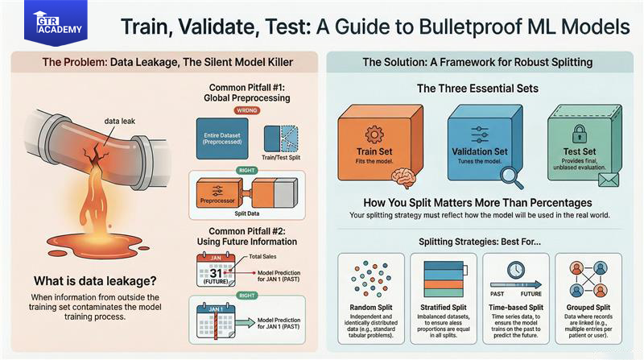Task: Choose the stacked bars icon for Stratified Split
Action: [442, 277]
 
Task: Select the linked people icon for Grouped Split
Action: [588, 278]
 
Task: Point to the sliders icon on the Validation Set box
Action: [479, 130]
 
